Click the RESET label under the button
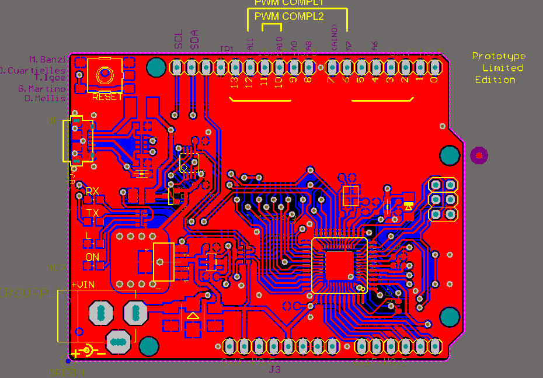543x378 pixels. pyautogui.click(x=107, y=97)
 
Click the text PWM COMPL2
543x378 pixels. pyautogui.click(x=290, y=16)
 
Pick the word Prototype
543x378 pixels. pyautogui.click(x=499, y=56)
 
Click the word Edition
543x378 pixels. pyautogui.click(x=495, y=79)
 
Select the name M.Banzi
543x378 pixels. pyautogui.click(x=48, y=60)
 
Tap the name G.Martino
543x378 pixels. pyautogui.click(x=41, y=89)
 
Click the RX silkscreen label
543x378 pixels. pyautogui.click(x=92, y=191)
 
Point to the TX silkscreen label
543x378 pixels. pyautogui.click(x=92, y=213)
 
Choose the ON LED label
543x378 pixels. pyautogui.click(x=92, y=257)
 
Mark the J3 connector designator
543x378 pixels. pyautogui.click(x=274, y=370)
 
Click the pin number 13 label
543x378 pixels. pyautogui.click(x=235, y=82)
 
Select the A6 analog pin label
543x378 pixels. pyautogui.click(x=375, y=45)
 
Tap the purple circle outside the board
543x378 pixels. pyautogui.click(x=479, y=155)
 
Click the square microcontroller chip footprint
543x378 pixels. pyautogui.click(x=339, y=265)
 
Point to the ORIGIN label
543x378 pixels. pyautogui.click(x=68, y=371)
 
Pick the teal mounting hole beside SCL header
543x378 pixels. pyautogui.click(x=156, y=67)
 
